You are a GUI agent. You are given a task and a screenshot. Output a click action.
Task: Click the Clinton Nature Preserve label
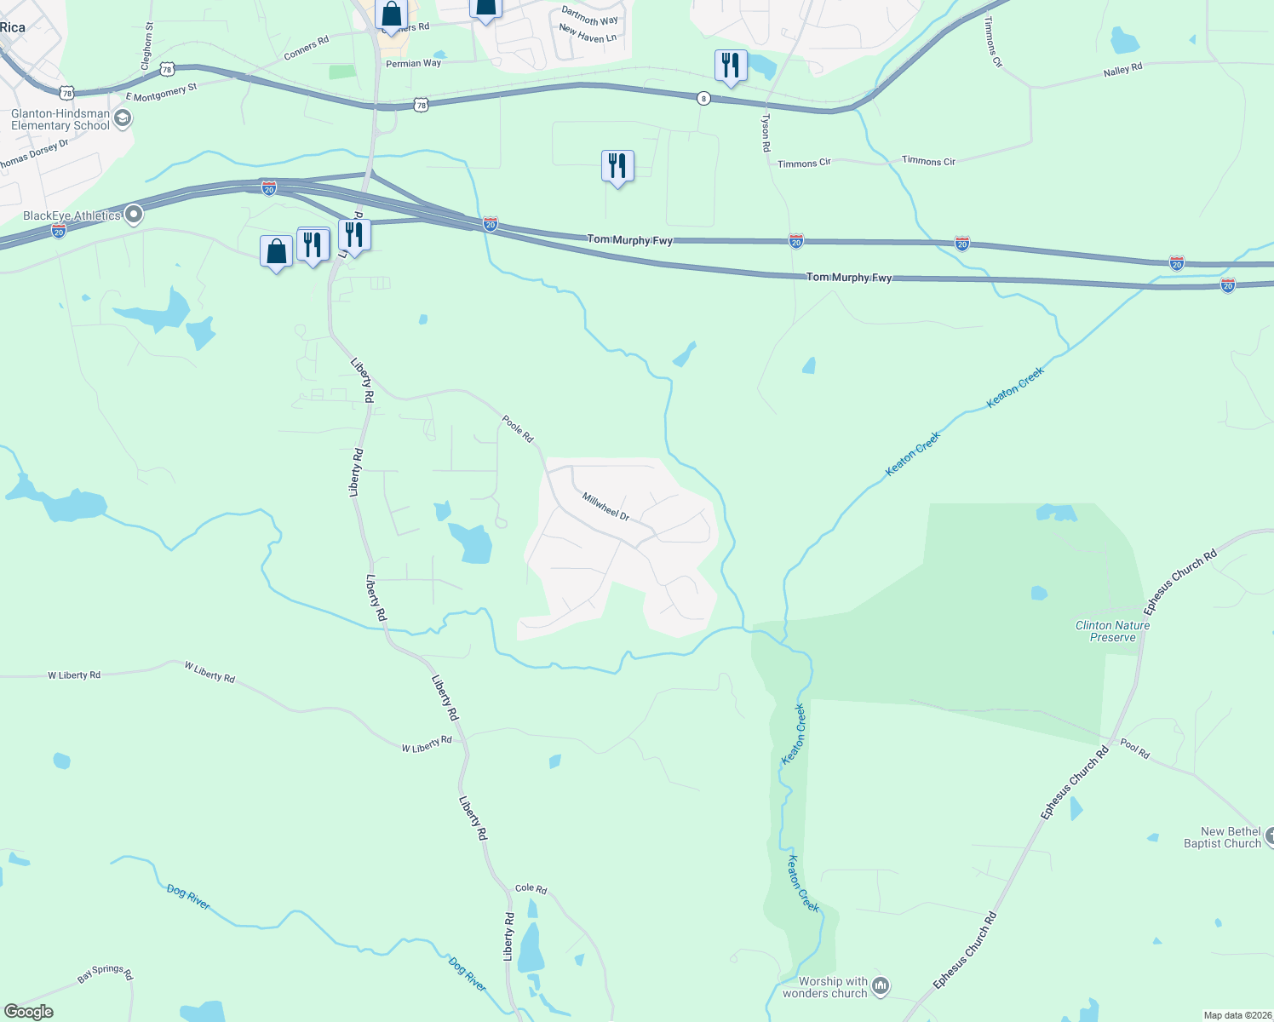pos(1112,631)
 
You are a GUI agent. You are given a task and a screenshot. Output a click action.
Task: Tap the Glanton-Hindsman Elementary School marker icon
pos(123,118)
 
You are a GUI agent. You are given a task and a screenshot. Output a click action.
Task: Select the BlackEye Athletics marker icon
pos(134,215)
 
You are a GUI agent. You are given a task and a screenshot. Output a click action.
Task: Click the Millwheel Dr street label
pos(605,506)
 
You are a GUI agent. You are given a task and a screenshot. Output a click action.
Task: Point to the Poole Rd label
pos(518,428)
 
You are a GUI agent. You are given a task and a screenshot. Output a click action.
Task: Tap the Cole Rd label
pos(531,888)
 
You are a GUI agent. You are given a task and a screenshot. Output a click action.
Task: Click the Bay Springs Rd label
pos(106,973)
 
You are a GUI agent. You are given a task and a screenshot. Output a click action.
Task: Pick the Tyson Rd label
pos(766,133)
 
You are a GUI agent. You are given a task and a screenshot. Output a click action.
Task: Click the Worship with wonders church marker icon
pos(881,986)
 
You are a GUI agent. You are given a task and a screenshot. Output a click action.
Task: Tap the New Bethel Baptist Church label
pos(1222,837)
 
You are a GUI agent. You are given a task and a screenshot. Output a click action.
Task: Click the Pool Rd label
pos(1134,749)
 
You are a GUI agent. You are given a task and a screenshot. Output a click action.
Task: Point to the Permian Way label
pos(414,63)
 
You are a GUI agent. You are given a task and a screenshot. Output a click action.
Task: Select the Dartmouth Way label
pos(590,15)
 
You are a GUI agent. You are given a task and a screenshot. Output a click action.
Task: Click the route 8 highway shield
pos(703,98)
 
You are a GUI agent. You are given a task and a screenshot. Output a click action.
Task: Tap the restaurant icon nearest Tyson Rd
pos(731,65)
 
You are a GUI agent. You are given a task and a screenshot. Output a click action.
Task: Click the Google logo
pos(29,1012)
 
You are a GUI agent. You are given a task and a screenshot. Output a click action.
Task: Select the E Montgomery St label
pos(161,92)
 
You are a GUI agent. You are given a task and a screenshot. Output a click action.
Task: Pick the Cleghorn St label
pos(146,47)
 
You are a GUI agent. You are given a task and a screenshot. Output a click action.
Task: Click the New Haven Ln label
pos(588,33)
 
